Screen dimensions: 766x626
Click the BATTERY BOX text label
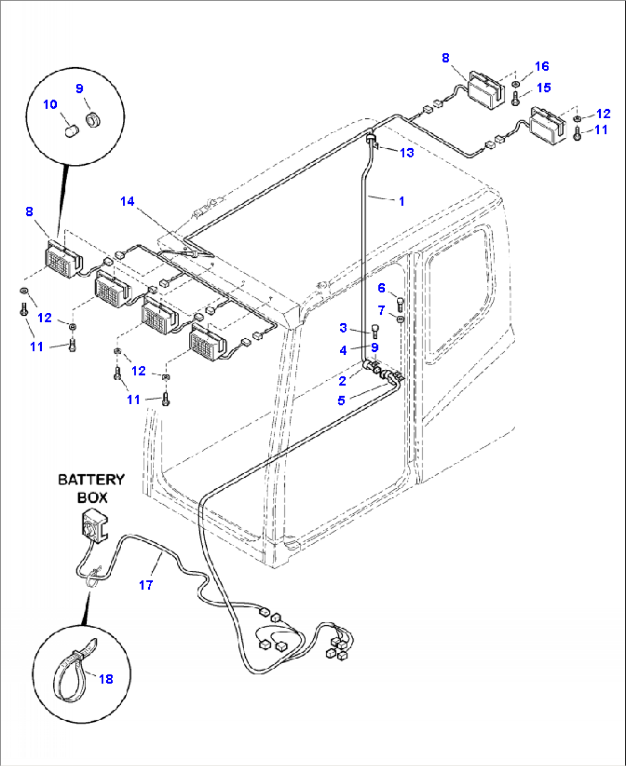[x=91, y=488]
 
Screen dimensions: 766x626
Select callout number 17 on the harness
[x=146, y=585]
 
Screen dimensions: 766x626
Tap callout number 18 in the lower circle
[x=106, y=679]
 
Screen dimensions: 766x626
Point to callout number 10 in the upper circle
[x=50, y=105]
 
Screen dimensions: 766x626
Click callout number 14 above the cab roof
[x=127, y=201]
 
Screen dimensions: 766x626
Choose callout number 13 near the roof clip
[x=407, y=153]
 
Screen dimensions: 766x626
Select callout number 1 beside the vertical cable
[x=401, y=201]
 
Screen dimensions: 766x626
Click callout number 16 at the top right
[x=542, y=67]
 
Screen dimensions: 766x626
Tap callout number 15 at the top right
[x=543, y=87]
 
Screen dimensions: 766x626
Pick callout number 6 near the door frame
[x=381, y=288]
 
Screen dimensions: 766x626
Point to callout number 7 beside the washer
[x=381, y=311]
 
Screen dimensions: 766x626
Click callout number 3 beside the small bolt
[x=343, y=328]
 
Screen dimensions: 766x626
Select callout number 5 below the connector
[x=341, y=400]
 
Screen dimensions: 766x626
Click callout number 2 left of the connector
[x=342, y=380]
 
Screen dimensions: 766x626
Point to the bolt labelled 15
[x=515, y=98]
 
